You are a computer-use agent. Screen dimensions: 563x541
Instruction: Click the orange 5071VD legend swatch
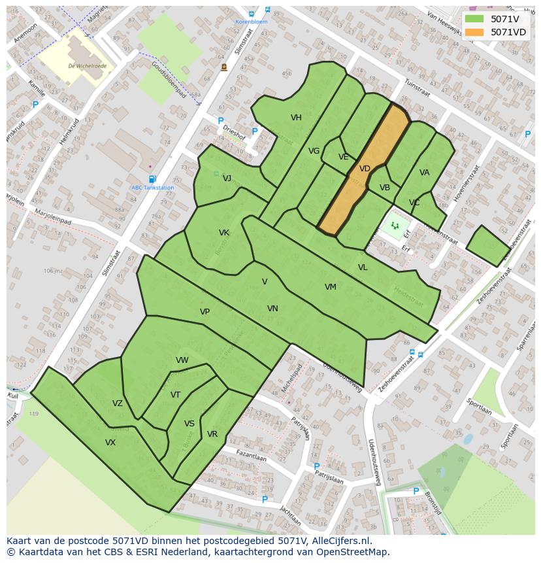(474, 32)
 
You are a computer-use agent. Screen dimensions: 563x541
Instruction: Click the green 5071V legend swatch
(474, 19)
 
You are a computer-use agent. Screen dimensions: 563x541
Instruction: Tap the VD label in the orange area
(365, 169)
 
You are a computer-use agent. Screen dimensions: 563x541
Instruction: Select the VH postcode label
(296, 118)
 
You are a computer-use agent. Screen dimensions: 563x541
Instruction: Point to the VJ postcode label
(227, 179)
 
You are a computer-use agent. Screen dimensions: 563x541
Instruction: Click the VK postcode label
(224, 233)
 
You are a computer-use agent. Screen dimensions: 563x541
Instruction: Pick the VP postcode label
(205, 312)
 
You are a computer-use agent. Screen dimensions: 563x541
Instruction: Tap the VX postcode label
(110, 443)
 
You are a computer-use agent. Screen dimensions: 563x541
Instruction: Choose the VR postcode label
(212, 434)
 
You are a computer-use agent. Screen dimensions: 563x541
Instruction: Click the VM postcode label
(331, 287)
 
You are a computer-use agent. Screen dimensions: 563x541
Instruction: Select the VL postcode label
(363, 267)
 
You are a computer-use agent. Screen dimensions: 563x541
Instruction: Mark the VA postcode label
(425, 173)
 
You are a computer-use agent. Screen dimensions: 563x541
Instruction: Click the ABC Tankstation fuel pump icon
(152, 179)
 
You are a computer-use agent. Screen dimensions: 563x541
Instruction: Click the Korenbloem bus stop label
(252, 22)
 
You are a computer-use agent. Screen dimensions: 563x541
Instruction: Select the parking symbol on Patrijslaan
(317, 467)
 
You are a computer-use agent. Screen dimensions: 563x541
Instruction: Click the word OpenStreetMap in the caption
(354, 552)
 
